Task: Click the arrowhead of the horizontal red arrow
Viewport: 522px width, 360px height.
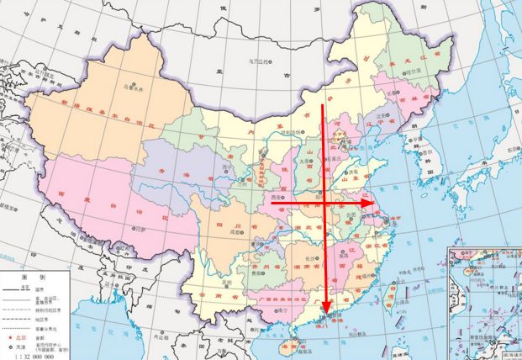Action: click(369, 203)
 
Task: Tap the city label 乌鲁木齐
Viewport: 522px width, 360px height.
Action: click(130, 86)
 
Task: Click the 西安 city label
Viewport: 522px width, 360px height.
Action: click(277, 197)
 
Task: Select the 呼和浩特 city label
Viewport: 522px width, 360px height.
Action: click(291, 132)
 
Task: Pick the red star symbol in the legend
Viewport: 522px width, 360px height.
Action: click(10, 336)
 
